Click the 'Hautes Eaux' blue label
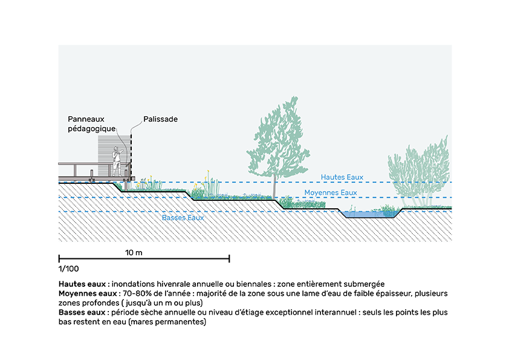point(342,177)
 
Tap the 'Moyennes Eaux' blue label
point(331,192)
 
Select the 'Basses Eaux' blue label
point(183,218)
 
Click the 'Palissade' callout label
point(160,119)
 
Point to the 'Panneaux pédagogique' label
point(91,124)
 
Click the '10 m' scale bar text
point(134,252)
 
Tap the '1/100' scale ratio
point(68,269)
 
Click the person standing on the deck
point(117,162)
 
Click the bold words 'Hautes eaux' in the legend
point(82,284)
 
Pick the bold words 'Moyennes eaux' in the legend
point(88,293)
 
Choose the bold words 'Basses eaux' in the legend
point(82,312)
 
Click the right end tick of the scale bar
point(229,258)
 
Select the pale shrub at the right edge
point(420,172)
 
